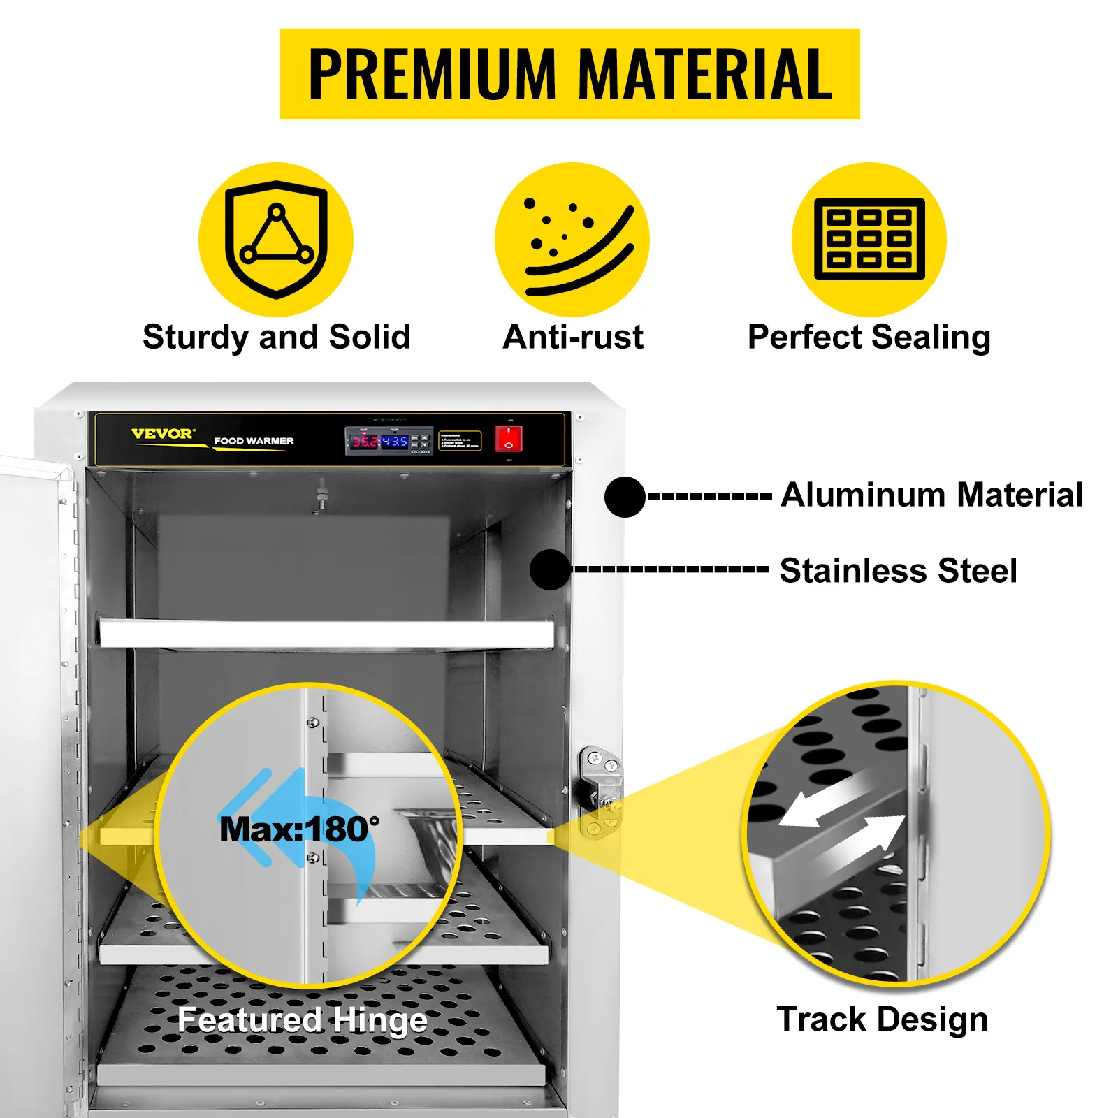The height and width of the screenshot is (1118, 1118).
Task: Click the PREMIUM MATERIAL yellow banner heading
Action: point(569,74)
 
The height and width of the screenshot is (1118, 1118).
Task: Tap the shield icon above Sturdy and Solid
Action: point(276,240)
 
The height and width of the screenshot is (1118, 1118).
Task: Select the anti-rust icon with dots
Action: point(572,240)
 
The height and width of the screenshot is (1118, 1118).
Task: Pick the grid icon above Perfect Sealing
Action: point(869,240)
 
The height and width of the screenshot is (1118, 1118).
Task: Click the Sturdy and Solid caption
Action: point(276,337)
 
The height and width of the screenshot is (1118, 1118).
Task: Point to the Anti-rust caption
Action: point(573,337)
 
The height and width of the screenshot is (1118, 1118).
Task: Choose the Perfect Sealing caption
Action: point(869,337)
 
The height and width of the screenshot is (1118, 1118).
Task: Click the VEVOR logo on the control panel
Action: point(164,434)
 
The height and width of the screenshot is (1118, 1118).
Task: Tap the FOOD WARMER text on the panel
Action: point(254,441)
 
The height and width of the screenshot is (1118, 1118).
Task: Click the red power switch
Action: point(508,439)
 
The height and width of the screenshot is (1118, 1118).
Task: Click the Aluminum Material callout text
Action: point(931,495)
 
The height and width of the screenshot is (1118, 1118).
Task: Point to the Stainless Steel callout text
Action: point(898,570)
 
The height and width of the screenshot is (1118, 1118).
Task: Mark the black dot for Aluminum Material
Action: point(625,497)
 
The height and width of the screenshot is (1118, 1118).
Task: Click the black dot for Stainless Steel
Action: point(550,569)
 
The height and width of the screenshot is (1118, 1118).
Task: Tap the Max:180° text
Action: point(299,829)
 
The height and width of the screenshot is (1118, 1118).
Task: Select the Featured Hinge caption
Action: point(302,1020)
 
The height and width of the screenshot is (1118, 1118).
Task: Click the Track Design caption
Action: point(883,1019)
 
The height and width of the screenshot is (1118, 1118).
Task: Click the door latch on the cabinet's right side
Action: point(599,790)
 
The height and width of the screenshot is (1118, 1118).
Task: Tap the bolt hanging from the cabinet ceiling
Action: point(321,496)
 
